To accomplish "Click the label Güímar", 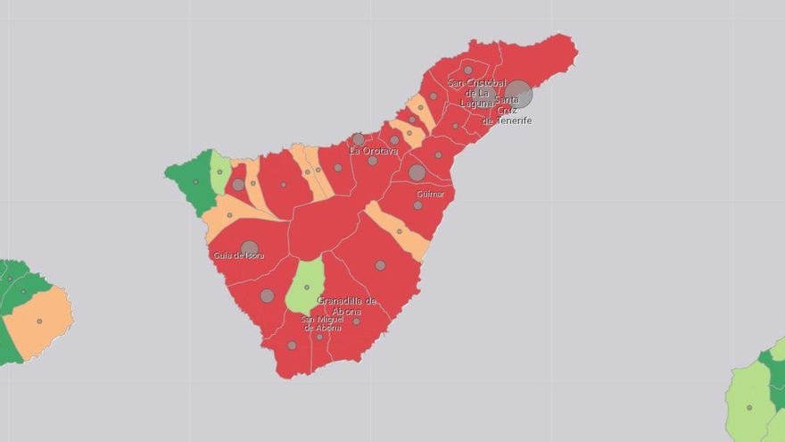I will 430,194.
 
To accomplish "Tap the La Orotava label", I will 373,151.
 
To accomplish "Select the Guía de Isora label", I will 238,256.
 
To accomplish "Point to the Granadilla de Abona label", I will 346,306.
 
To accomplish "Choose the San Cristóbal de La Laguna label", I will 477,93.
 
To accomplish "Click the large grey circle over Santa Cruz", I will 518,94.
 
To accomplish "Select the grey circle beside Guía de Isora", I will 250,249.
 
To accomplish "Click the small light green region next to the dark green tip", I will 219,171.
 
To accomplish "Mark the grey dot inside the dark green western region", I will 196,182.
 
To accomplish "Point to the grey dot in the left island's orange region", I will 39,321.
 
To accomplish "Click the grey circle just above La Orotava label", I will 359,139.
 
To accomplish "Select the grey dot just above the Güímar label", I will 417,172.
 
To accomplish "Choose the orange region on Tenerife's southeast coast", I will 399,230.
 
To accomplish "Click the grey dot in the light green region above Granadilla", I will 307,288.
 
